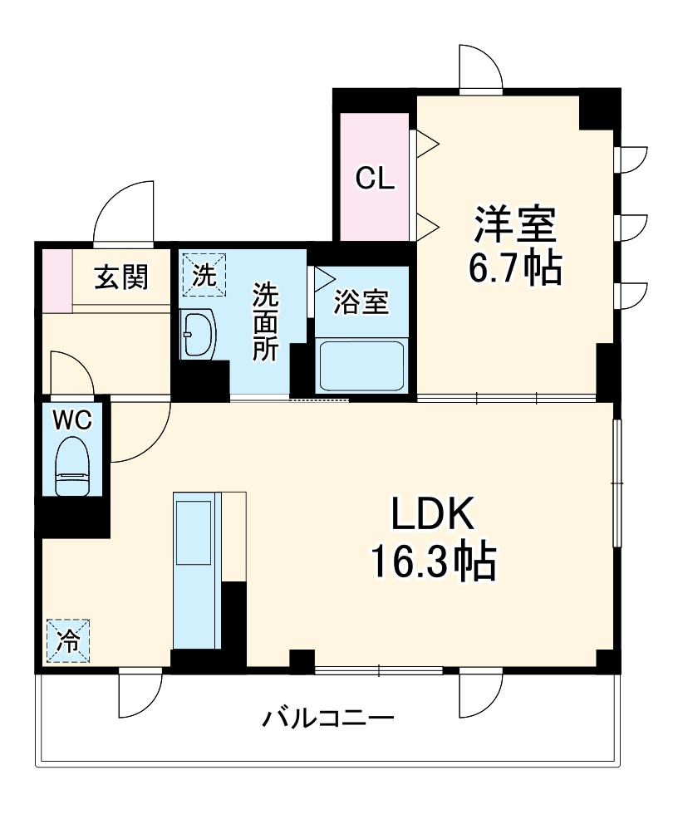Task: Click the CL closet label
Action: (x=375, y=178)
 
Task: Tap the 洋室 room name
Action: (x=514, y=224)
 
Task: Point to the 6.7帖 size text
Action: (x=514, y=267)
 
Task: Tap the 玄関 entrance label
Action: (x=120, y=277)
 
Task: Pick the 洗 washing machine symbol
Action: (x=203, y=274)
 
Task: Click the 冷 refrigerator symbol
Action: (x=68, y=640)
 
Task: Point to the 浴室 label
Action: (x=361, y=302)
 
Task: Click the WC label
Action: (x=72, y=420)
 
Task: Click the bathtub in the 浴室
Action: (x=361, y=365)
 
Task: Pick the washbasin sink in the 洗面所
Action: (x=197, y=334)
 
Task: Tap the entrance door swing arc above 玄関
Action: (x=125, y=213)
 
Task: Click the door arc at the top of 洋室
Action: (x=480, y=66)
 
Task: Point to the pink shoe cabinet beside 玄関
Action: (x=57, y=280)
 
